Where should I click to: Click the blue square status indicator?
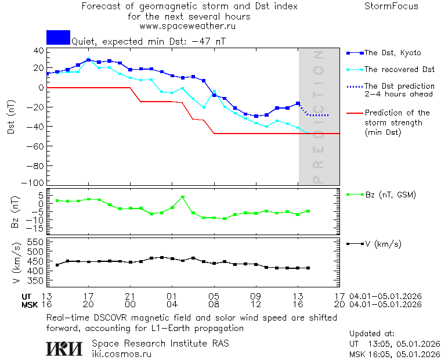pyautogui.click(x=58, y=37)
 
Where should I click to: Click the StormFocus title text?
pyautogui.click(x=391, y=6)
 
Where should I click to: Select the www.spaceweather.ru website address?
pyautogui.click(x=187, y=26)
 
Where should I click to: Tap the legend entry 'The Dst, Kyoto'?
pyautogui.click(x=392, y=53)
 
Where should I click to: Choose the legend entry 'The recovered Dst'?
pyautogui.click(x=399, y=70)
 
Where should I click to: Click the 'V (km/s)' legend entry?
pyautogui.click(x=382, y=244)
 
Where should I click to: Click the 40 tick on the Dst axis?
pyautogui.click(x=38, y=51)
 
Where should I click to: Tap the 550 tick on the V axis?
pyautogui.click(x=36, y=242)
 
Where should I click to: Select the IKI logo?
pyautogui.click(x=64, y=348)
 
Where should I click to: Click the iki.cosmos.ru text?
pyautogui.click(x=121, y=353)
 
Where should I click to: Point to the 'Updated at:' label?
pyautogui.click(x=372, y=334)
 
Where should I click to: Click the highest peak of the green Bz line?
pyautogui.click(x=182, y=197)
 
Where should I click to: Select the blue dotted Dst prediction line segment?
pyautogui.click(x=316, y=114)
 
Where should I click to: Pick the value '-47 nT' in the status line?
pyautogui.click(x=209, y=42)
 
